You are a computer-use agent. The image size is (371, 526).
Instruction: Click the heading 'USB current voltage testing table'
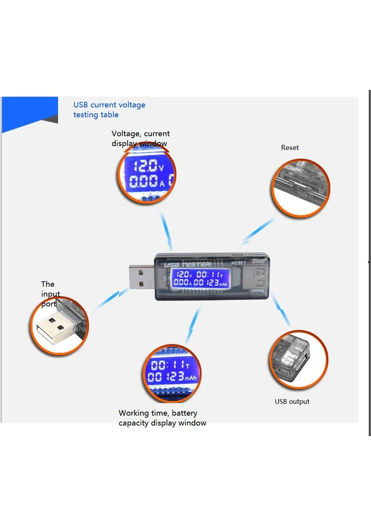[109, 110]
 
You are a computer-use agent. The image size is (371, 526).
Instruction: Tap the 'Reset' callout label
[290, 148]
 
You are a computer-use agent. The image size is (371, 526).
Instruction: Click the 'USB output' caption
[292, 402]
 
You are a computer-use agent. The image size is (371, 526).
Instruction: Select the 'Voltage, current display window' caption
[140, 139]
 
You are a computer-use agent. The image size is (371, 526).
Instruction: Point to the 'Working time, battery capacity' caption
[162, 418]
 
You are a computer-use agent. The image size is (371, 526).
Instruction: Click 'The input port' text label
[50, 294]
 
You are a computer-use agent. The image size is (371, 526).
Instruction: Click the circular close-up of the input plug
[59, 326]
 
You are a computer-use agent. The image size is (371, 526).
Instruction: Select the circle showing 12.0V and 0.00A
[146, 174]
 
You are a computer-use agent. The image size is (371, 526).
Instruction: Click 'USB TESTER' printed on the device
[187, 265]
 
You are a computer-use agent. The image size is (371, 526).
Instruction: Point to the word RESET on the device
[239, 263]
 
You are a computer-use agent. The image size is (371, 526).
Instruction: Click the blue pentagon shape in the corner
[30, 113]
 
